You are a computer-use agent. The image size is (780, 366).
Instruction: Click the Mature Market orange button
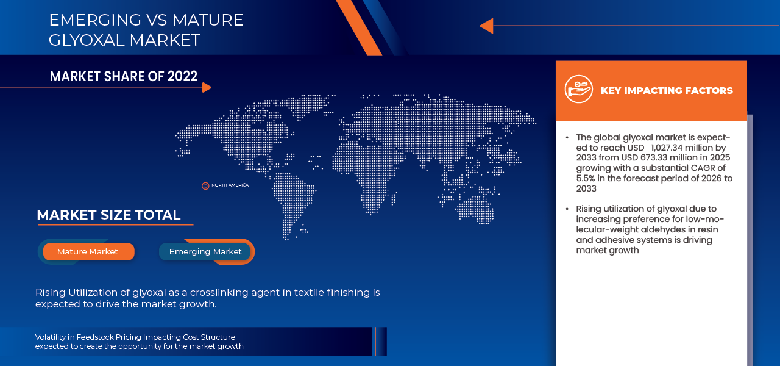[88, 252]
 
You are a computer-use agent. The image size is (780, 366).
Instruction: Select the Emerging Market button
[205, 252]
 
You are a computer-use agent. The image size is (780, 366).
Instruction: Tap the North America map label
[230, 185]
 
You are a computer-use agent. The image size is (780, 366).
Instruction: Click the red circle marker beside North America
[205, 186]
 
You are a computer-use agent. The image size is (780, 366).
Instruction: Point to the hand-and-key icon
[579, 89]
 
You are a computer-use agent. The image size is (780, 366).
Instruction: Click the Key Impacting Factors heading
[667, 91]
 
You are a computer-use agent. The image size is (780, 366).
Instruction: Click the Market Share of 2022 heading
[124, 76]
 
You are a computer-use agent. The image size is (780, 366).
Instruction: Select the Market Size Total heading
[108, 215]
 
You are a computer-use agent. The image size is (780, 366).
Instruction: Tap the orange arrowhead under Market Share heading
[207, 87]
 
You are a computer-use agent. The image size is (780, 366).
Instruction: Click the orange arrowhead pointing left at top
[487, 26]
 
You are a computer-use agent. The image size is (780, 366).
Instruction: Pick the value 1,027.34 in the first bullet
[666, 148]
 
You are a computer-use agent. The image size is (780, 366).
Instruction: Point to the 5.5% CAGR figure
[586, 178]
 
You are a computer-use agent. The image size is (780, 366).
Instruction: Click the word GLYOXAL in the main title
[87, 40]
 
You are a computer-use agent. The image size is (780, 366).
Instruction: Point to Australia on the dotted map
[475, 209]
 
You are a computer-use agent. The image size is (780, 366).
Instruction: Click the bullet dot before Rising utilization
[567, 209]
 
